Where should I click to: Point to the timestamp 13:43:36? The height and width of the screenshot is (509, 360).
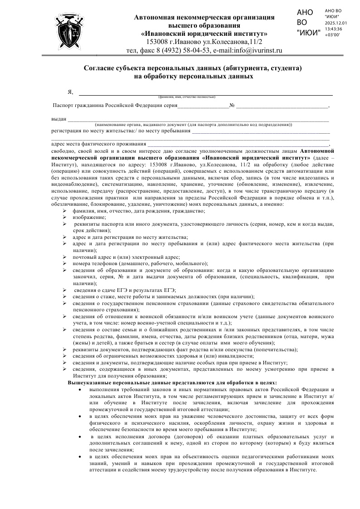(x=333, y=29)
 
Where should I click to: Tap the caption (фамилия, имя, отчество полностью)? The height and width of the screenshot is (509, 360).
(x=186, y=97)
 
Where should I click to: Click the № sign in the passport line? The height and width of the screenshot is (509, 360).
(x=232, y=106)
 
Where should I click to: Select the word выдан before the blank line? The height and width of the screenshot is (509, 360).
(x=59, y=119)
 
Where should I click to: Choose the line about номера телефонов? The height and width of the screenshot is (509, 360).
(x=140, y=263)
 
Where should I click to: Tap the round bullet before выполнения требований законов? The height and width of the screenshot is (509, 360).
(x=80, y=389)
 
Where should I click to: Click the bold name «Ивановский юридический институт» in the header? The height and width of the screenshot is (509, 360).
(x=204, y=34)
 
